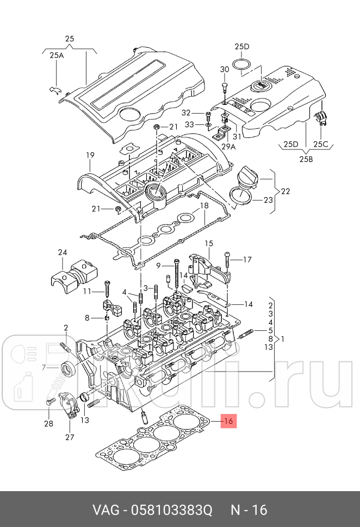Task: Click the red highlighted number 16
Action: (x=229, y=421)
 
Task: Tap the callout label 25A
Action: (x=57, y=55)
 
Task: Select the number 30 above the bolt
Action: (x=225, y=69)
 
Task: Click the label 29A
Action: (x=228, y=147)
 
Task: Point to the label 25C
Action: (x=321, y=144)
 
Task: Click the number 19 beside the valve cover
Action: (x=90, y=155)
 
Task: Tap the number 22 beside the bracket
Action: (x=285, y=191)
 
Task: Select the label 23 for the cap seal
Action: (x=268, y=199)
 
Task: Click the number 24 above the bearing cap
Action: (x=63, y=253)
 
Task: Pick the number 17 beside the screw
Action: (x=247, y=260)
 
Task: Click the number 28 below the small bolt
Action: (x=48, y=423)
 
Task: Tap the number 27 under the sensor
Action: (x=70, y=437)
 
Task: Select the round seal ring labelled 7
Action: (x=69, y=368)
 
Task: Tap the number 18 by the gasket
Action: (x=204, y=206)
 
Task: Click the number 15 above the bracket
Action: (x=209, y=243)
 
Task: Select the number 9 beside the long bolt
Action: (x=159, y=266)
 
